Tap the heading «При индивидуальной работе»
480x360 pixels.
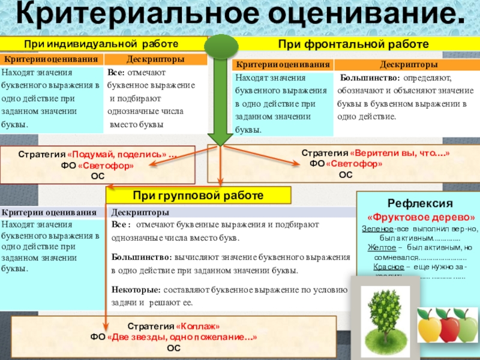101,44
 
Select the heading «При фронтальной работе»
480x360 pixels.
352,44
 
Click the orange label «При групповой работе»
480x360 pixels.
199,196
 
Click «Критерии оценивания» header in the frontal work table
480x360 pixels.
283,64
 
